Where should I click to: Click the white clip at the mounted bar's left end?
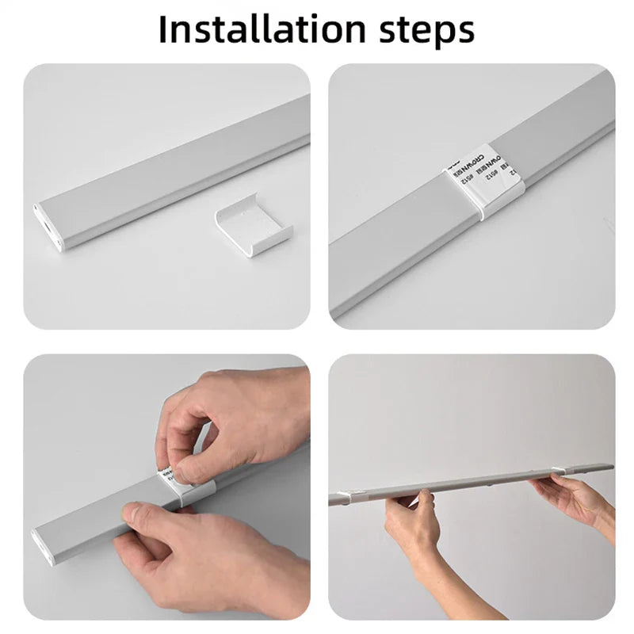click(341, 496)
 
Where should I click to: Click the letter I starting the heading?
click(163, 29)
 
